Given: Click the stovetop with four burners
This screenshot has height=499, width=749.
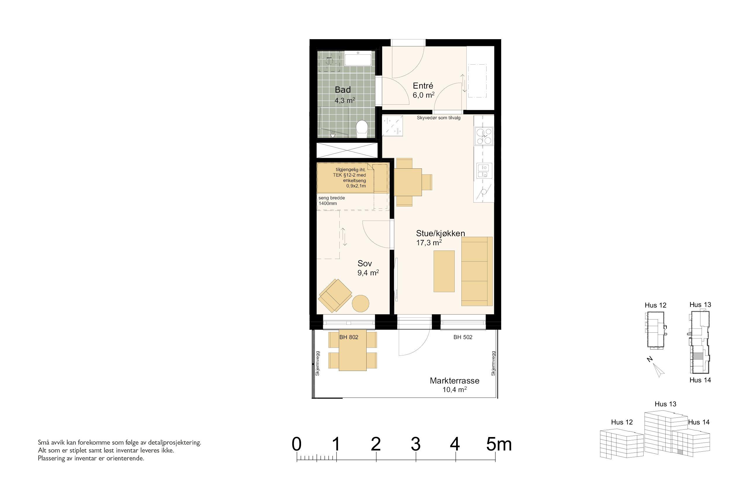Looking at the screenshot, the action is pos(484,136).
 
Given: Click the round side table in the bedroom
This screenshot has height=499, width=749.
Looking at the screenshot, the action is pos(360,303).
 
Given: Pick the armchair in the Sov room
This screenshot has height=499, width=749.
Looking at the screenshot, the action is pos(335,296).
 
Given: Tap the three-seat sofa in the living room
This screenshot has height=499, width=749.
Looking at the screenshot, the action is pos(477,271).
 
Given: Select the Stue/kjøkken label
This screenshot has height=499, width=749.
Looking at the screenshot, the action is pos(440,233).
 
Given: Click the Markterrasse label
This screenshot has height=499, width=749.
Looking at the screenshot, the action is pos(454,381).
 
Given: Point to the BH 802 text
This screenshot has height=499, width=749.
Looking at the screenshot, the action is pos(349,337).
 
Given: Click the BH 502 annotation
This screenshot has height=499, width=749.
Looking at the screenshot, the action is pos(463,337).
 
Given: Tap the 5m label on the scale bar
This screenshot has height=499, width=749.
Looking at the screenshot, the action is pos(499,444).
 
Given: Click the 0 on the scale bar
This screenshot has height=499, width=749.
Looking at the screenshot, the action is pos(296,444).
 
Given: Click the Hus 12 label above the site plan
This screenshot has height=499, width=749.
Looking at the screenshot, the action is pos(655,305).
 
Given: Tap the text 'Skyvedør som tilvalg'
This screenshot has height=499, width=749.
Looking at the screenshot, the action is pos(439,118).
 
